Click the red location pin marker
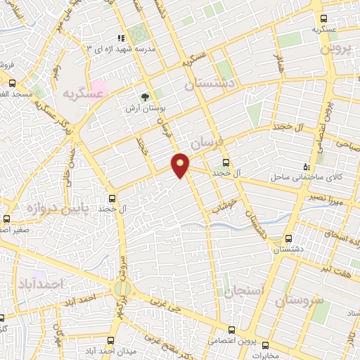click(x=181, y=165)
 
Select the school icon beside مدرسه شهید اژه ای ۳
click(x=120, y=37)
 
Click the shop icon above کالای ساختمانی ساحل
click(x=305, y=166)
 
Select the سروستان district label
click(x=300, y=302)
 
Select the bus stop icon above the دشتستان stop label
click(x=288, y=238)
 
